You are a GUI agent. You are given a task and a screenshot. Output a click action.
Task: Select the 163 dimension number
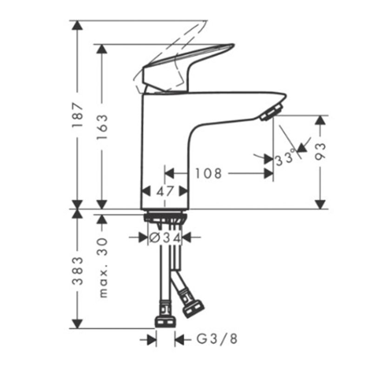102,127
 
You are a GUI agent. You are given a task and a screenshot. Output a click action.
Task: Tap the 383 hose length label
78,271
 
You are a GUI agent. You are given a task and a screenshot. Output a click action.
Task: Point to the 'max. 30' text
103,267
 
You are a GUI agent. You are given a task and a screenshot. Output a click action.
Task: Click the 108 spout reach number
208,173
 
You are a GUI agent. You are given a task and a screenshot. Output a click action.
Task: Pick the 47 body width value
165,191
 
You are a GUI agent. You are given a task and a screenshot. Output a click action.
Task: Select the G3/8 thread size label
217,339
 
